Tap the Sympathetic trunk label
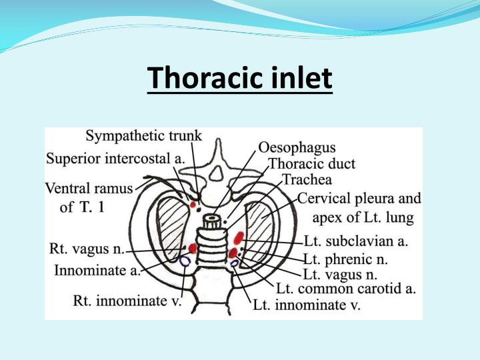click(144, 137)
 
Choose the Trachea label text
click(307, 180)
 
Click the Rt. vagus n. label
click(87, 249)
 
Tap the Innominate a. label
click(98, 270)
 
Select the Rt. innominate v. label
click(127, 301)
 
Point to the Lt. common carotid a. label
click(345, 289)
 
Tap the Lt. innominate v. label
click(306, 306)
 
